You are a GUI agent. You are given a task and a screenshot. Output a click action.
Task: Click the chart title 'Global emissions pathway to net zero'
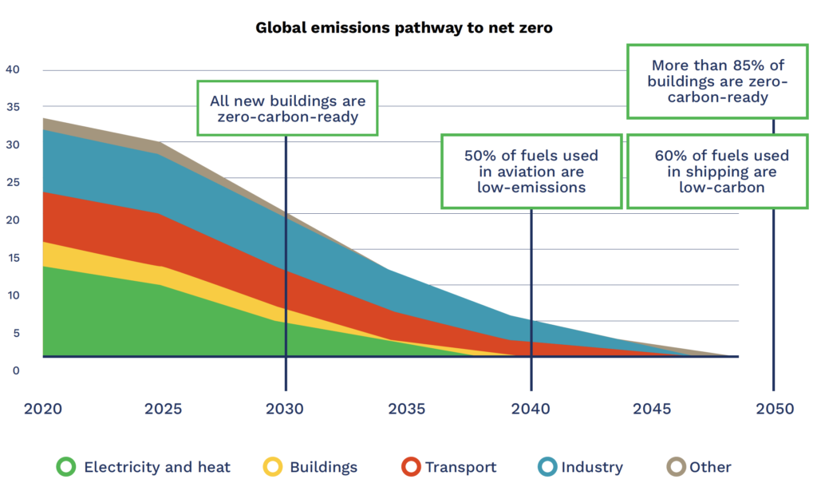pos(404,28)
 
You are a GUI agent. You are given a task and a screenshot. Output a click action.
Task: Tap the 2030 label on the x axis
pos(286,409)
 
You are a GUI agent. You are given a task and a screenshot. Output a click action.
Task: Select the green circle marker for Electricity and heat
pos(66,467)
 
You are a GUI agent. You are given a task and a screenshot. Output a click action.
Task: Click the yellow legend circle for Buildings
pos(273,467)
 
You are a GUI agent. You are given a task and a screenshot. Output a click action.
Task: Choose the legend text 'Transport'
pos(460,467)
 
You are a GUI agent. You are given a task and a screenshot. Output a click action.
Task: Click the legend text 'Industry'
pos(591,467)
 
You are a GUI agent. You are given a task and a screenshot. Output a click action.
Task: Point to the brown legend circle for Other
pos(677,467)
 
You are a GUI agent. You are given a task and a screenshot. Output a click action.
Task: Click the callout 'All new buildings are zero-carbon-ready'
pos(288,109)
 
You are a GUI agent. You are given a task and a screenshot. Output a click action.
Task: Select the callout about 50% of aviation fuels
pos(531,172)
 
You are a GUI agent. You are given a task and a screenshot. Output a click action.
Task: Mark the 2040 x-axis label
pos(531,409)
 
